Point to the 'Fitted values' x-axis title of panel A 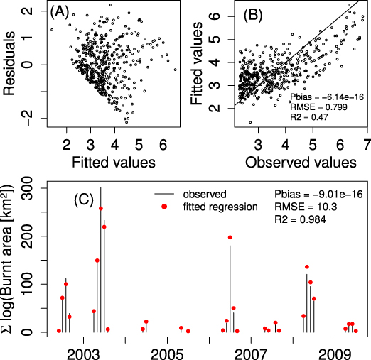113,163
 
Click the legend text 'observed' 205,193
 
